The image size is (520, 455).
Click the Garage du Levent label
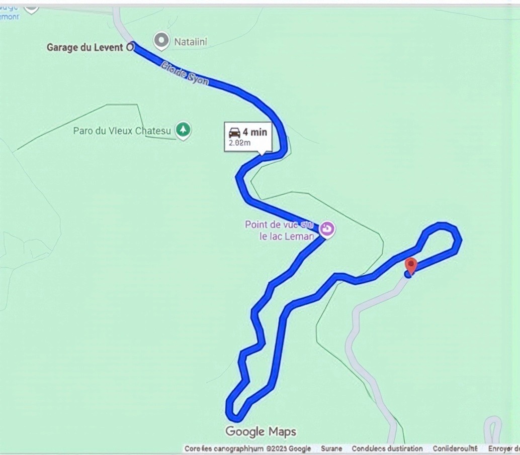(x=84, y=48)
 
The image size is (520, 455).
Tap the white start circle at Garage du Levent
(x=130, y=47)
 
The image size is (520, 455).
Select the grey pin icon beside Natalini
(x=161, y=41)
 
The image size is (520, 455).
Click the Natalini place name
(x=191, y=42)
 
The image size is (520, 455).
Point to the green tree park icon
(x=183, y=131)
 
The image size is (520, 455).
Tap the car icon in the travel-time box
(x=234, y=133)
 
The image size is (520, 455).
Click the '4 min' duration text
(x=254, y=133)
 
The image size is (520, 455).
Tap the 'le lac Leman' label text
(x=287, y=236)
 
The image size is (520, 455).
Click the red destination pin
(x=411, y=265)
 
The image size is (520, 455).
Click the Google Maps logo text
(x=261, y=431)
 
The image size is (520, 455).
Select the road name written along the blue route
(x=185, y=73)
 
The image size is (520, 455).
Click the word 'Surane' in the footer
(x=331, y=448)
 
